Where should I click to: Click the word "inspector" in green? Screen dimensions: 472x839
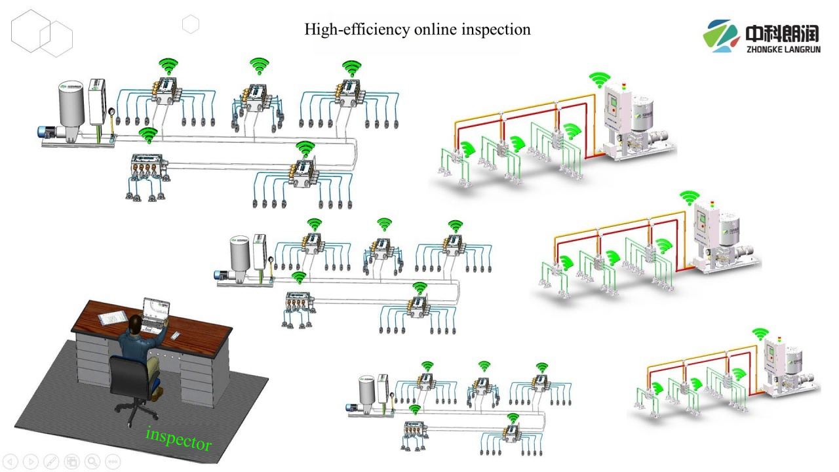point(179,439)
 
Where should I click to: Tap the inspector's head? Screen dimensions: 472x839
point(134,323)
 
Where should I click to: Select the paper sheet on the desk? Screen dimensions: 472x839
point(113,317)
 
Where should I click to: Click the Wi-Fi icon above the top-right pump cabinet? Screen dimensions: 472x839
point(599,79)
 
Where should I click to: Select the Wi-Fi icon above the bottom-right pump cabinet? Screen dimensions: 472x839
point(760,334)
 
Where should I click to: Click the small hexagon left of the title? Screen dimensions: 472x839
point(191,25)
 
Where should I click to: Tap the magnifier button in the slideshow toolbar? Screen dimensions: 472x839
point(92,462)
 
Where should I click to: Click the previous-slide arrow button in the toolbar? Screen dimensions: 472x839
point(11,462)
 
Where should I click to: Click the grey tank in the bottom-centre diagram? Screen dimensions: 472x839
point(366,391)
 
